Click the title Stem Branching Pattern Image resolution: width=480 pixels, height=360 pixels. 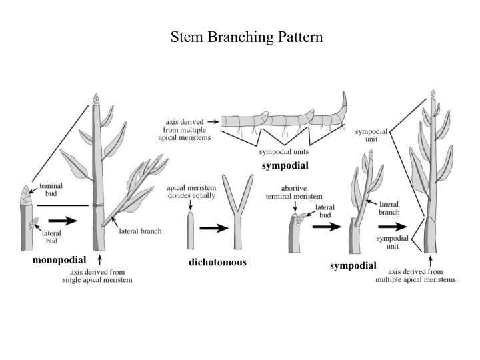(247, 37)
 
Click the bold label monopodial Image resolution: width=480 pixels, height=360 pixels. (59, 260)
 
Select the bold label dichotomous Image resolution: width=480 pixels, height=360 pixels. (217, 262)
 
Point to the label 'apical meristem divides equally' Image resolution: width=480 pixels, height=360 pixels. (191, 193)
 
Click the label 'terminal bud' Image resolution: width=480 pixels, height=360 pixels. (51, 190)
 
